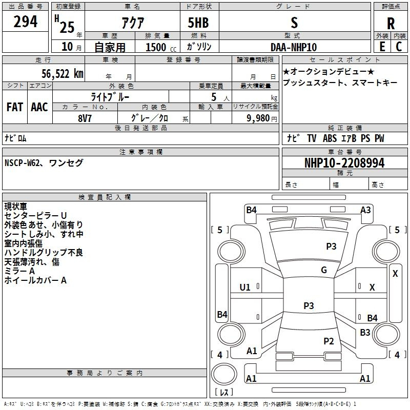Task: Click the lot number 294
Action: tap(25, 22)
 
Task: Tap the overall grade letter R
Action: tap(391, 24)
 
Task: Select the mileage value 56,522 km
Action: tap(63, 74)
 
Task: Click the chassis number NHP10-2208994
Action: tap(344, 163)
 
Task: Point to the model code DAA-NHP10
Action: tap(294, 47)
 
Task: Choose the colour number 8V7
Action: tap(85, 118)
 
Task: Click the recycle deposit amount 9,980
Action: tap(258, 118)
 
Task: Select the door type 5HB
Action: tap(198, 23)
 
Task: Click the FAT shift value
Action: tap(15, 107)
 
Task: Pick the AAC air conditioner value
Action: tap(39, 107)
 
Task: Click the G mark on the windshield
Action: tap(324, 270)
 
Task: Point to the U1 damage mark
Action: tap(245, 288)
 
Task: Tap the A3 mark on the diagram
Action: tap(365, 210)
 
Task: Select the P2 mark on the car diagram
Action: tap(329, 341)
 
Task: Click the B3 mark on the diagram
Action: tap(365, 332)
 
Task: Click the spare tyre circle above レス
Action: tap(224, 374)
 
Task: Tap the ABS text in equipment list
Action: tap(330, 138)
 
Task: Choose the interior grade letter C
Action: tap(399, 47)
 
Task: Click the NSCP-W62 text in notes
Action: tap(22, 162)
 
